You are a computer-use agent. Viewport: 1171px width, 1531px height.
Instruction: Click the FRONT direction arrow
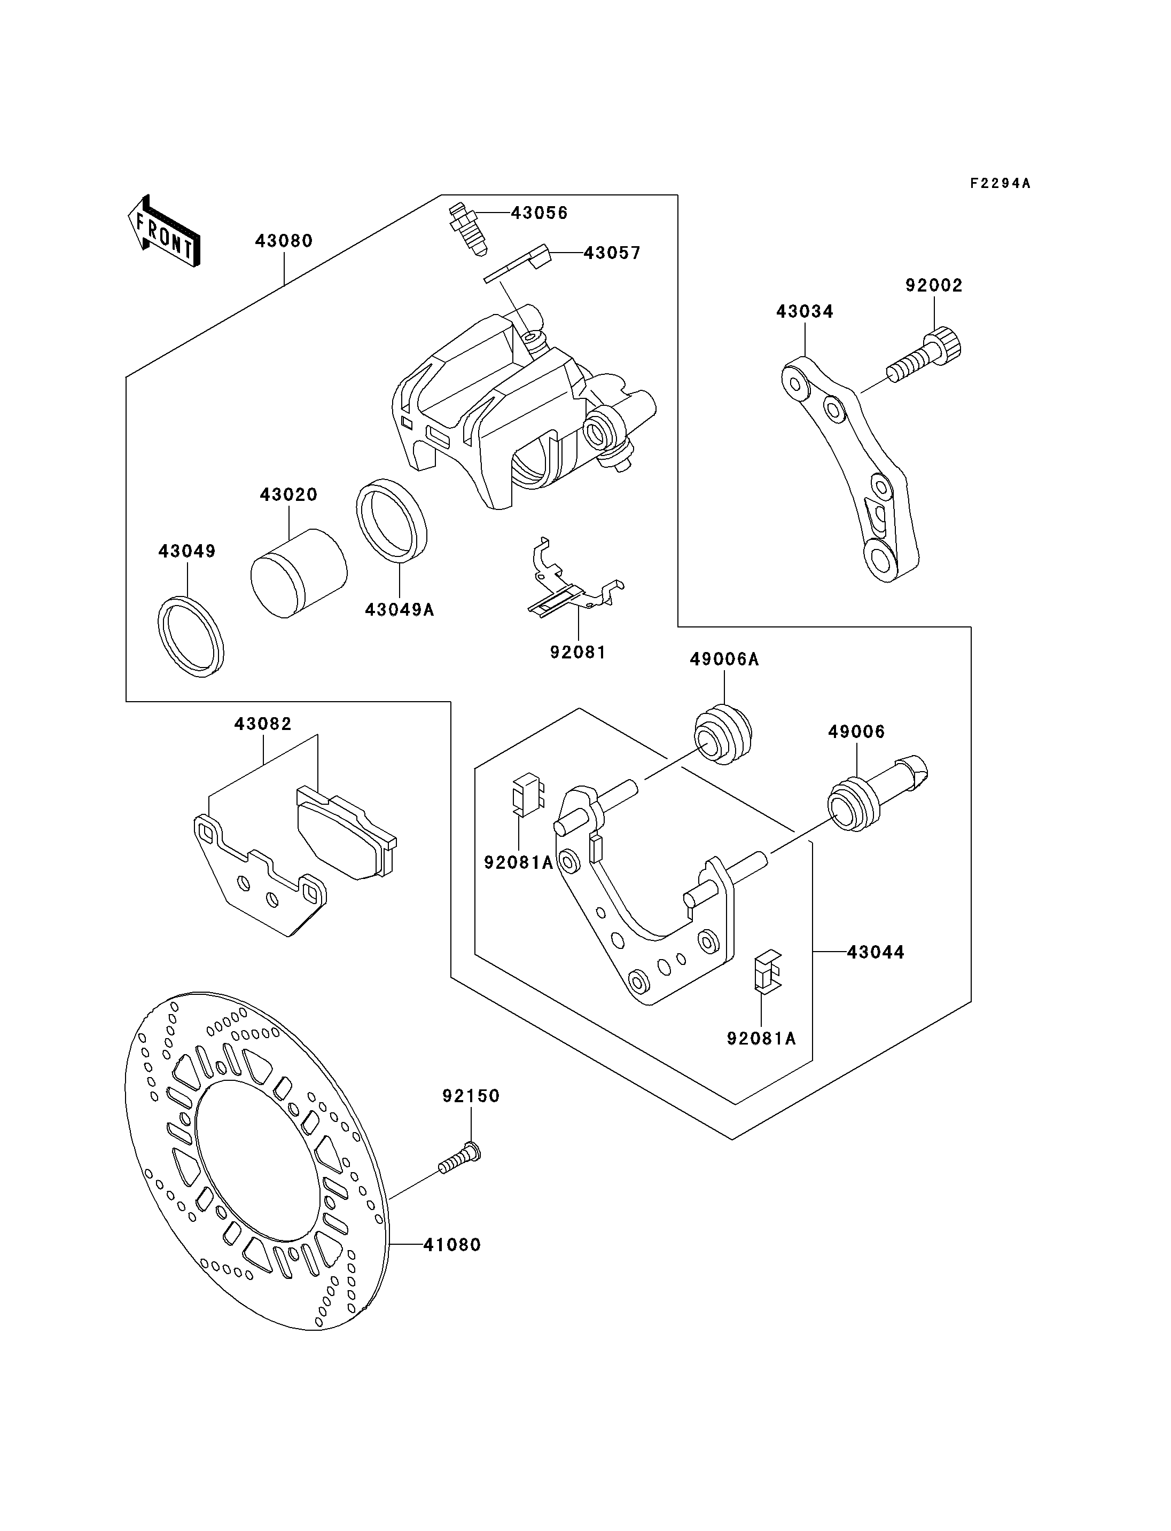pos(165,231)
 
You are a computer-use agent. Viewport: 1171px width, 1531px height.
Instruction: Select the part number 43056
pos(540,213)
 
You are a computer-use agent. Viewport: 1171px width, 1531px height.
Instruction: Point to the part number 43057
pos(612,253)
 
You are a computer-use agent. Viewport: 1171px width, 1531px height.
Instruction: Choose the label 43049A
pos(400,610)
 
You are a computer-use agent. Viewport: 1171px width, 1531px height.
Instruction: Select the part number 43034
pos(805,311)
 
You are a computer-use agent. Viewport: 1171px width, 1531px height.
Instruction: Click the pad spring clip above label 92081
pos(575,578)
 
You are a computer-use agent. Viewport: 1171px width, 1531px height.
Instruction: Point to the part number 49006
pos(857,732)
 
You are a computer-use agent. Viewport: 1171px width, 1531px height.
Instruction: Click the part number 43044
pos(876,952)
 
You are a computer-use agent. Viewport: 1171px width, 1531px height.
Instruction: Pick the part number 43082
pos(263,724)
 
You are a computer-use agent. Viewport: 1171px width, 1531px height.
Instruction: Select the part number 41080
pos(452,1245)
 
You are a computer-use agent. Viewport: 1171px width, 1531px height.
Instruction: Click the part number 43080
pos(284,241)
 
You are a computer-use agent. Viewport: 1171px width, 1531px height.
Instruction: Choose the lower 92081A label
pos(761,1058)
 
